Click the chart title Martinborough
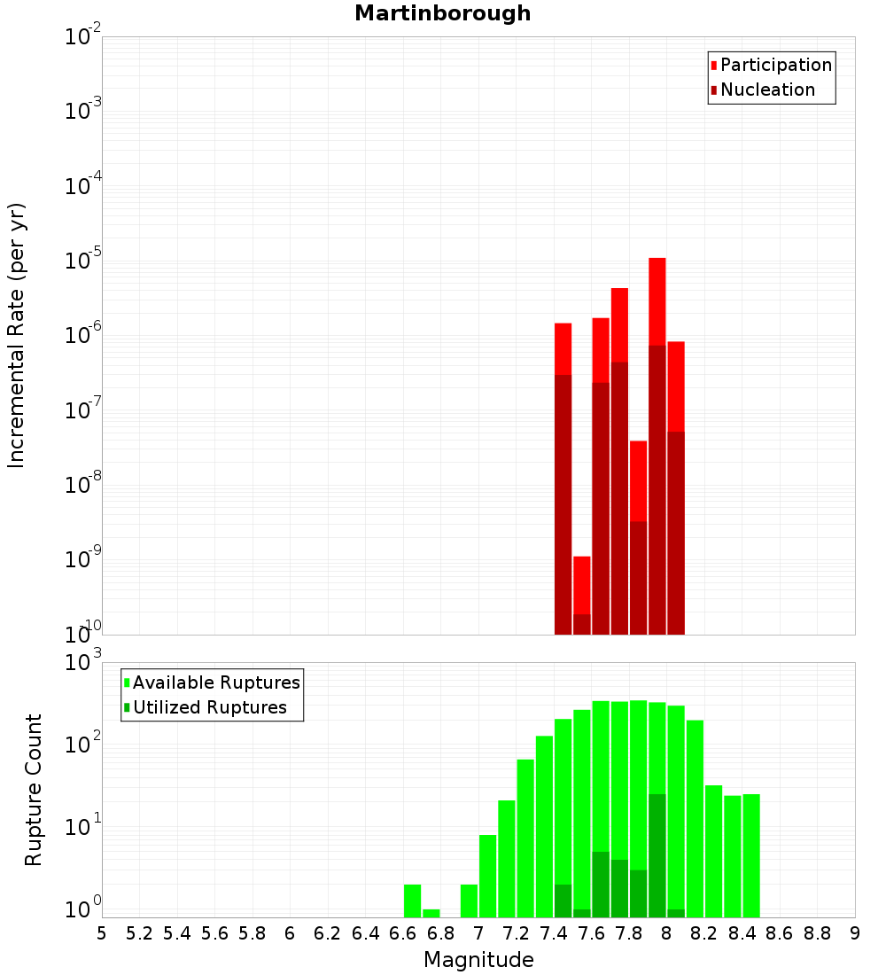point(442,13)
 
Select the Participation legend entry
point(775,65)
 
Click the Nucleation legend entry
point(766,90)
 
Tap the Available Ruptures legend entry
point(215,682)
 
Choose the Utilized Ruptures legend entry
point(209,707)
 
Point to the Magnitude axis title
point(478,960)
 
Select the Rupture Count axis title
point(33,790)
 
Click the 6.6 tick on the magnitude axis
point(403,932)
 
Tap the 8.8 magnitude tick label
point(817,932)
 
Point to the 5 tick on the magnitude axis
point(102,932)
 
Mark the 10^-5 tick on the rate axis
point(82,261)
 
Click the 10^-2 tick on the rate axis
point(82,37)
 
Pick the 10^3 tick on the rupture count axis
point(84,662)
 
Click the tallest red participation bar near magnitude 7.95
point(657,301)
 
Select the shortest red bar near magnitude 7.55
point(581,585)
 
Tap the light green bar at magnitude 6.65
point(412,900)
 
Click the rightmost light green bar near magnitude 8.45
point(751,855)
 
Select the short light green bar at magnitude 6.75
point(431,912)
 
